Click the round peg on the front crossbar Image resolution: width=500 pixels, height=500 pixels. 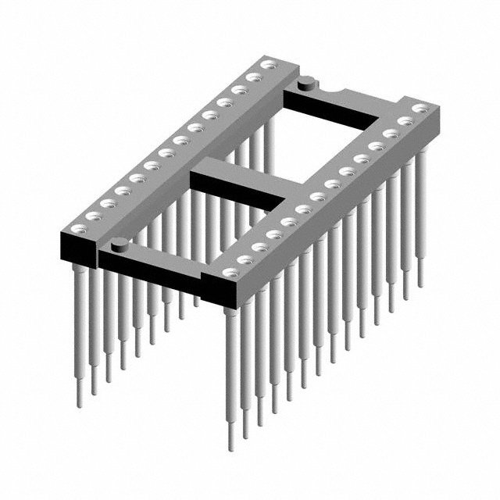pyautogui.click(x=119, y=245)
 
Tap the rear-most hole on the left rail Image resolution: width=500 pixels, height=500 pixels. pyautogui.click(x=269, y=64)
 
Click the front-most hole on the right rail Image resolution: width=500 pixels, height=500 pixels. pyautogui.click(x=229, y=273)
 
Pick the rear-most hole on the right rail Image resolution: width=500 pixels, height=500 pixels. pyautogui.click(x=420, y=108)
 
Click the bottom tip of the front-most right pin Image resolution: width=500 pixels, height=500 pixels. pyautogui.click(x=231, y=448)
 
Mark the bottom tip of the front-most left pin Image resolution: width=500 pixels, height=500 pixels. pyautogui.click(x=80, y=405)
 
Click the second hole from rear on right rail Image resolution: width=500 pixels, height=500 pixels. pyautogui.click(x=405, y=121)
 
